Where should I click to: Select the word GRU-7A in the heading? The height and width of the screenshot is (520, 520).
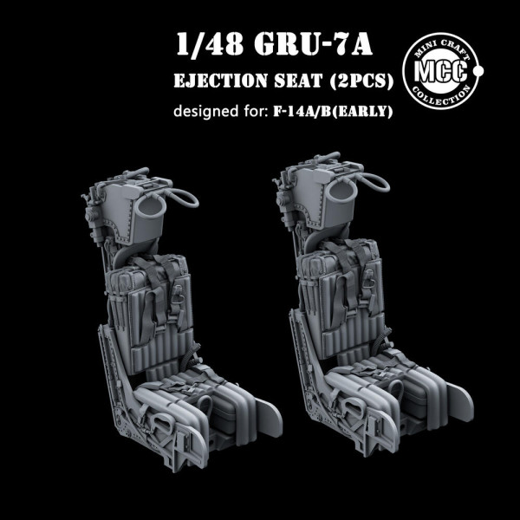(x=314, y=44)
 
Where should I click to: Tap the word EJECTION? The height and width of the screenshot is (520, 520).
(x=220, y=81)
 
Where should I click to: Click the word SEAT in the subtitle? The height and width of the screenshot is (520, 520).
(x=298, y=81)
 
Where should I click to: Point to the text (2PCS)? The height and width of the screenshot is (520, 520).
(x=361, y=81)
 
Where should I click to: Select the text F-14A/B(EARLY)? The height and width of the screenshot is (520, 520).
(x=333, y=111)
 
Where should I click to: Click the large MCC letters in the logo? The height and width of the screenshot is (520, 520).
(x=441, y=71)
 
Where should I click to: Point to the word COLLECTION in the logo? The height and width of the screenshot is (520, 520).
(x=441, y=95)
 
